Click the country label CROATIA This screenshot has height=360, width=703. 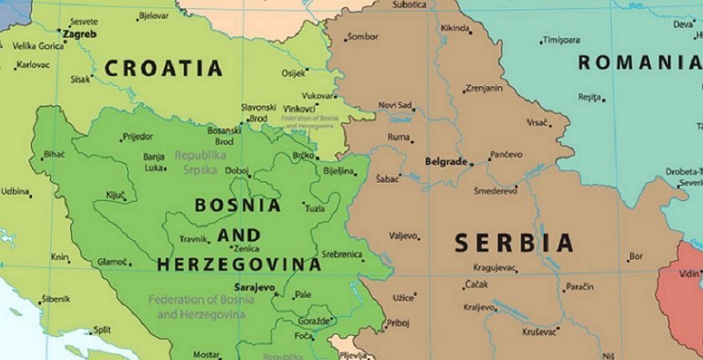click(x=163, y=69)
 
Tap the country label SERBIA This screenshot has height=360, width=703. click(x=514, y=244)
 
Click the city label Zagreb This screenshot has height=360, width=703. click(x=80, y=34)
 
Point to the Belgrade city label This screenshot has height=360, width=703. click(x=445, y=162)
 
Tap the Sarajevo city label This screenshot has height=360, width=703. click(x=254, y=287)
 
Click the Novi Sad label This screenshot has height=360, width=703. click(x=395, y=105)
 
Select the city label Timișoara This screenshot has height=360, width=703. click(x=561, y=40)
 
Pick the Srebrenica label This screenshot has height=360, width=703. click(x=341, y=254)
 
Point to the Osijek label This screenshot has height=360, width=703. click(x=293, y=73)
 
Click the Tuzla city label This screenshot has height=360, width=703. click(x=314, y=208)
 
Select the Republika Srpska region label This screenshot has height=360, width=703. click(x=200, y=162)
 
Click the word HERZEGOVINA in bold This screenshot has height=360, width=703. click(x=239, y=265)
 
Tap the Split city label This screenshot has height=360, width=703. click(x=102, y=330)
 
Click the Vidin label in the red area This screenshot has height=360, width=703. click(x=690, y=274)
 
